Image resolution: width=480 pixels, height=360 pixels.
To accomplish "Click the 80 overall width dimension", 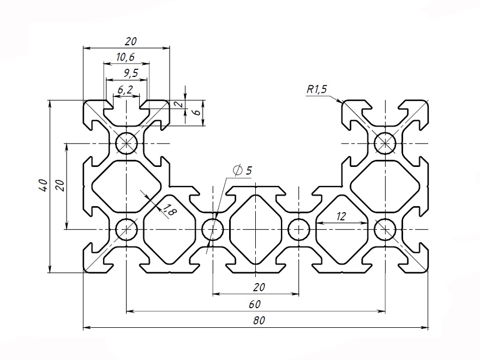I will click(x=259, y=321).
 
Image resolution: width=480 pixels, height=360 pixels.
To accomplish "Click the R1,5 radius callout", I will click(x=316, y=89).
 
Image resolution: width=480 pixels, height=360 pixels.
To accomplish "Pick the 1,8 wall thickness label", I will click(x=167, y=210).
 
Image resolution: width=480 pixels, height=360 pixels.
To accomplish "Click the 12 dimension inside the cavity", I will click(x=341, y=216).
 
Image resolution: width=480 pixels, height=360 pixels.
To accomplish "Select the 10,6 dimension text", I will click(x=125, y=57).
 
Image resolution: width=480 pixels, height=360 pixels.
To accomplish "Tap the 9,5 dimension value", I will click(x=126, y=73).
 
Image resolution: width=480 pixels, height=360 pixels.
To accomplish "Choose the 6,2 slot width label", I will click(x=125, y=89).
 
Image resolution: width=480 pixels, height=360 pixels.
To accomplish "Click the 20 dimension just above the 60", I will click(x=259, y=287).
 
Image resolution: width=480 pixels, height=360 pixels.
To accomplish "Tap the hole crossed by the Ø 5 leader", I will click(x=212, y=229).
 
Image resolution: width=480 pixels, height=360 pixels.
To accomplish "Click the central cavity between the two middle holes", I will click(x=255, y=229).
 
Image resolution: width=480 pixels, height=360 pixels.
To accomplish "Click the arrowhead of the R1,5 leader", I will click(x=342, y=102).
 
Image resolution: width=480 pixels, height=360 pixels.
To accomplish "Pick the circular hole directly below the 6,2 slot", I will click(x=127, y=143).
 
